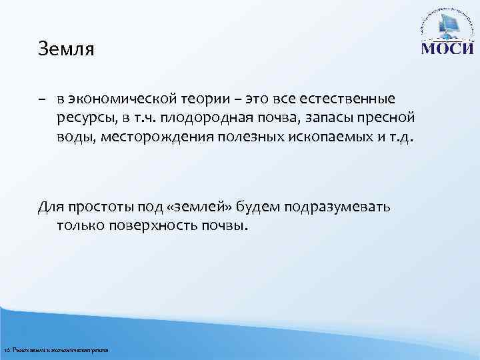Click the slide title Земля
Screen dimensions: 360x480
pyautogui.click(x=67, y=50)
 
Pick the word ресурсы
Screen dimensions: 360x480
pyautogui.click(x=81, y=119)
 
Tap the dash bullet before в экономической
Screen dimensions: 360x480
pyautogui.click(x=42, y=99)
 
